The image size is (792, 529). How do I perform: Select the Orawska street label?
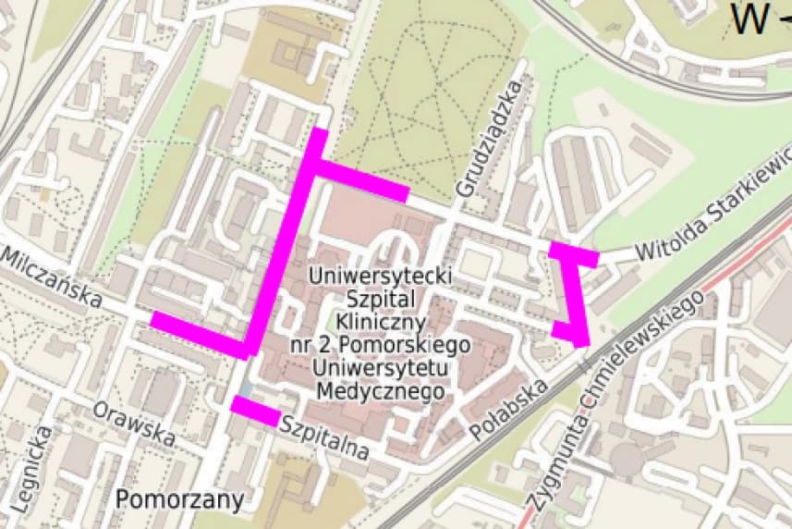(x=134, y=421)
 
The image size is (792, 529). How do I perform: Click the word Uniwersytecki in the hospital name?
(x=380, y=276)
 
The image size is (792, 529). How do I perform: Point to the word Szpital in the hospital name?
(x=380, y=299)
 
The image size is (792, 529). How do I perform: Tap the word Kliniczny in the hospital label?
(x=380, y=322)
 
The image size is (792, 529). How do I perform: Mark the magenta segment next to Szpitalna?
(x=255, y=411)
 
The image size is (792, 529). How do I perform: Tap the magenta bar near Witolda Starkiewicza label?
(x=574, y=253)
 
